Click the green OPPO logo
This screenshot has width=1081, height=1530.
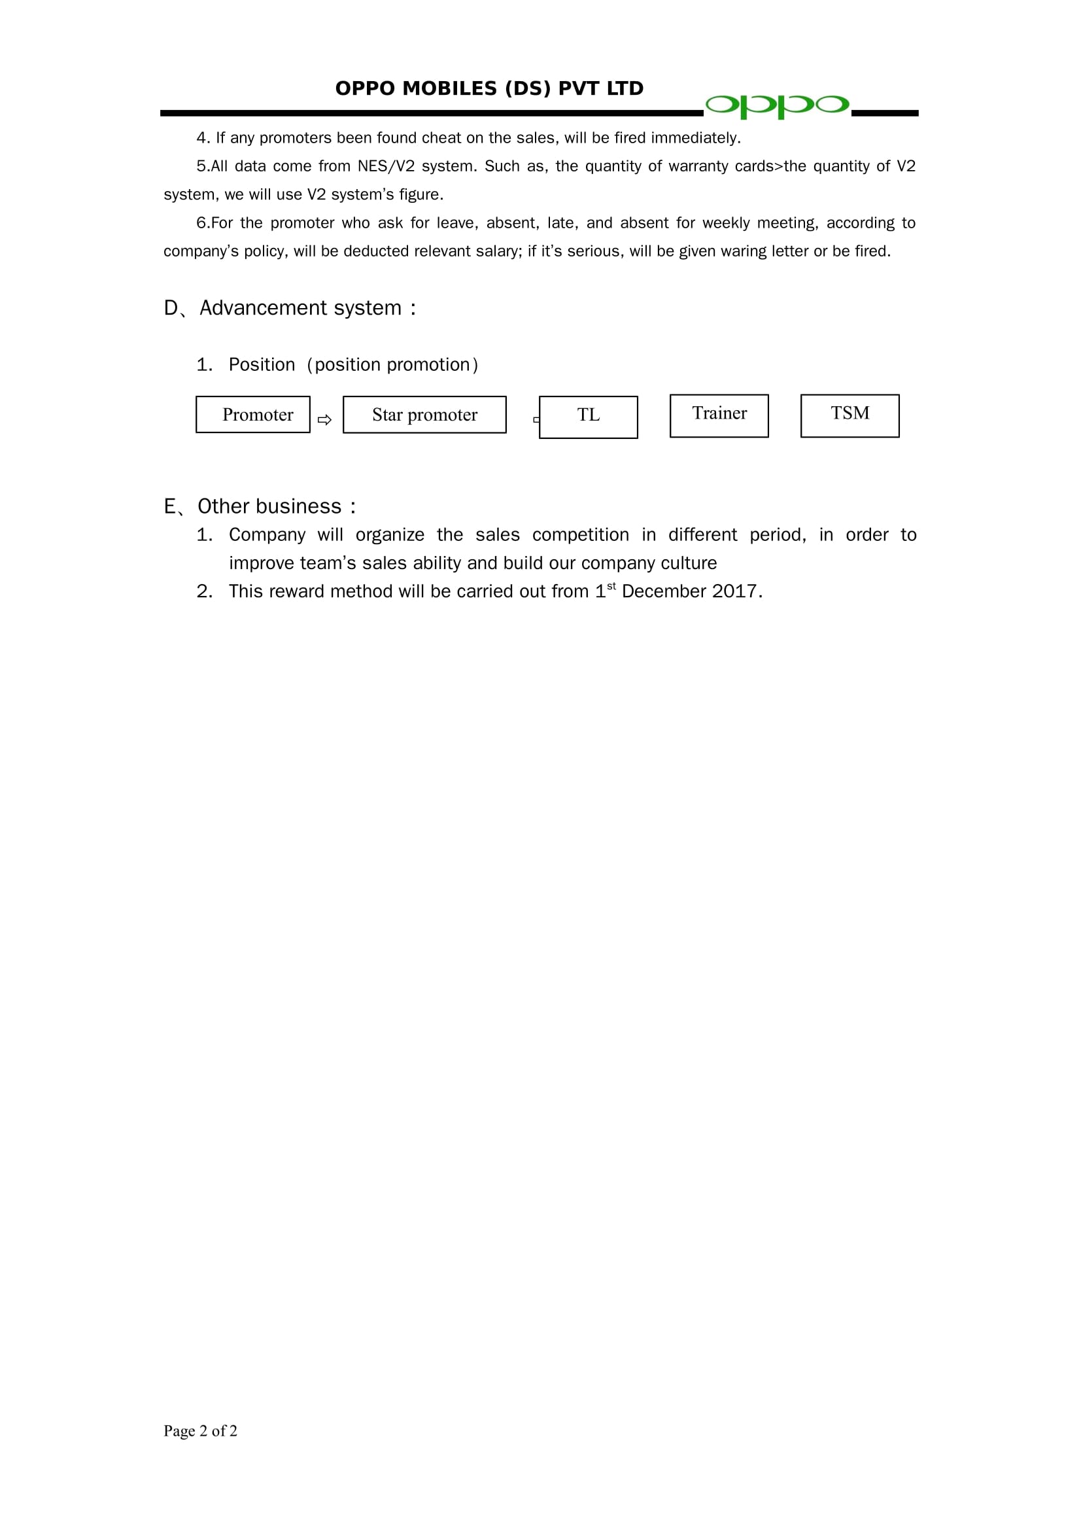click(777, 105)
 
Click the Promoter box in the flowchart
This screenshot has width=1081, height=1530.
click(253, 415)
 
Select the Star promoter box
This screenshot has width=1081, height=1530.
click(424, 415)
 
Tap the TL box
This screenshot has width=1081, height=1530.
click(588, 417)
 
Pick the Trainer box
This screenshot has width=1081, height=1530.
click(719, 415)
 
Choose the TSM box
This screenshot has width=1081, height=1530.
click(849, 415)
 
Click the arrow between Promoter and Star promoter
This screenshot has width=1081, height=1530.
click(324, 420)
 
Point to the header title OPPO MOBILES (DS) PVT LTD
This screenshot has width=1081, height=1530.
click(489, 88)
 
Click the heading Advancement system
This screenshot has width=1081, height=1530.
click(300, 308)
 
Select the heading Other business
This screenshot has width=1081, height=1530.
click(269, 506)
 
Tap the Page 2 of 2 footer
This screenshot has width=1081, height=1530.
click(201, 1431)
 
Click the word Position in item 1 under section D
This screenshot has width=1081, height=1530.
click(262, 364)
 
